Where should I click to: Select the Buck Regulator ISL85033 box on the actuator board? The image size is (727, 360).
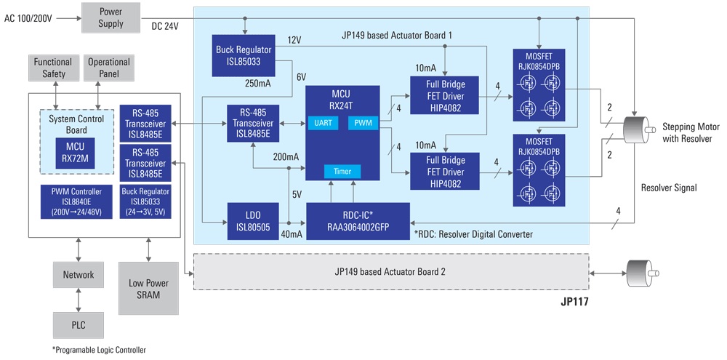245,54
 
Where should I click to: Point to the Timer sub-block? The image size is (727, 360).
342,172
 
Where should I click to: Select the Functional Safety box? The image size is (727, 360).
54,68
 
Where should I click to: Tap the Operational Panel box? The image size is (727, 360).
108,68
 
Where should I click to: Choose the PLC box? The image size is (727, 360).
78,324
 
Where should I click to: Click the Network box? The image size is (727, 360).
78,274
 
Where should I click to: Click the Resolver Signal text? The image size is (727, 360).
669,188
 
